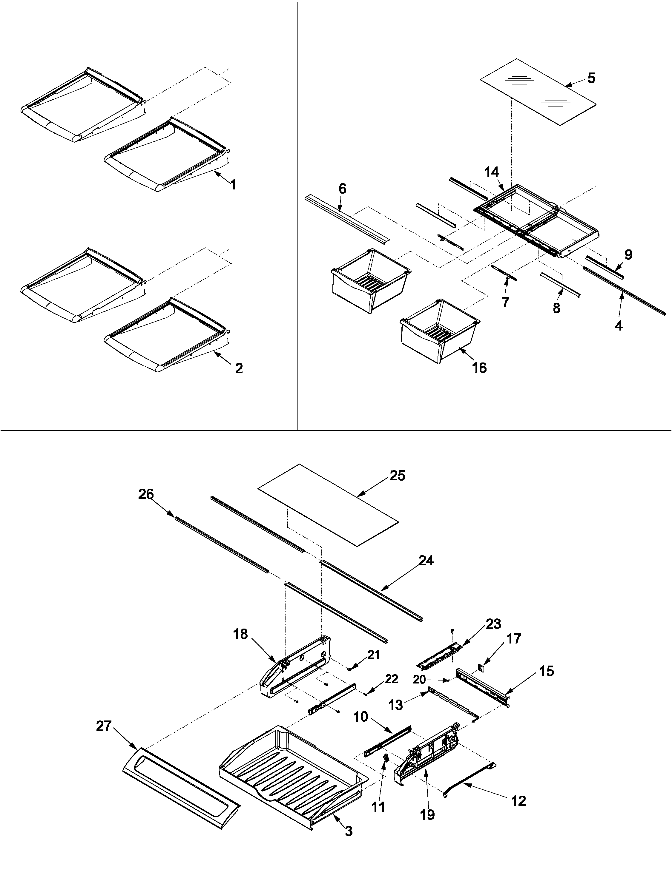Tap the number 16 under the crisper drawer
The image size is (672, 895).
[x=479, y=368]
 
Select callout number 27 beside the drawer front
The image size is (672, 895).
[x=104, y=726]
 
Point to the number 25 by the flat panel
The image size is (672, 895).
[x=397, y=476]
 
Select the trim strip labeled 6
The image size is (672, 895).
[x=346, y=223]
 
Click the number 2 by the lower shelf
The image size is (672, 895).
[x=239, y=368]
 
